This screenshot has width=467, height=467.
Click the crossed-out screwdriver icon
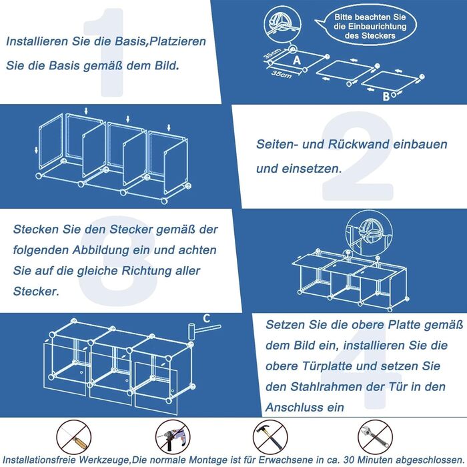pos(73,437)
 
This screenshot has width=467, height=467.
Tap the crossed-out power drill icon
pos(173,437)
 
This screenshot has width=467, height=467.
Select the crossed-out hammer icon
pos(270,437)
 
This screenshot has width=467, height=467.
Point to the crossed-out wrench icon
pos(375,437)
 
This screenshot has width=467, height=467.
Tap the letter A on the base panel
pos(297,61)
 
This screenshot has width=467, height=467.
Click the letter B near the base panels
pos(386,96)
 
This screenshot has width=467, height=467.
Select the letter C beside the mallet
pos(207,318)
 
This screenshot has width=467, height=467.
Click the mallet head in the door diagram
pos(190,331)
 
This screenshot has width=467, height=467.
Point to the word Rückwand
pos(359,144)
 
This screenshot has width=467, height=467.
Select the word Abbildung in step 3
pos(101,250)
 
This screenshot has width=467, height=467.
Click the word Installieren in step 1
pos(37,41)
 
